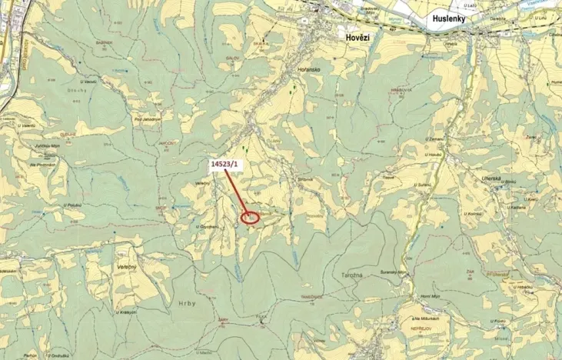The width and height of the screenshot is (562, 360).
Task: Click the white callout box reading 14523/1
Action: [224, 165]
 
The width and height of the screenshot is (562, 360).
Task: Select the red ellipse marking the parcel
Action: [251, 218]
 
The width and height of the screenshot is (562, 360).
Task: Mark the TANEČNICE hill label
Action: [311, 296]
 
